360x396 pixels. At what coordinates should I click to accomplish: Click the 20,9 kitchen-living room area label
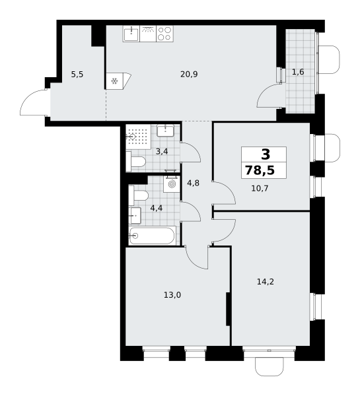click(189, 74)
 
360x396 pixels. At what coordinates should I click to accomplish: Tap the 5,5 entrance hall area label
click(77, 75)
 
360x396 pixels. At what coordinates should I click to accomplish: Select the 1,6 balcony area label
click(298, 72)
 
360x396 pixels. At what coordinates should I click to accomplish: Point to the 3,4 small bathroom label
click(162, 152)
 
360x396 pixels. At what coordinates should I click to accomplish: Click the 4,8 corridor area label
click(193, 183)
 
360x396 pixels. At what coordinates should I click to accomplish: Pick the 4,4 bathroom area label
click(157, 208)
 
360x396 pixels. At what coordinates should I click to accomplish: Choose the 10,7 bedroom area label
click(260, 188)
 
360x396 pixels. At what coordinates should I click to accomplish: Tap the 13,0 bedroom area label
click(172, 295)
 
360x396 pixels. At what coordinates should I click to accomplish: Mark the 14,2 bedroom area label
click(266, 282)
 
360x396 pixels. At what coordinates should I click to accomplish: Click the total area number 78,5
click(260, 170)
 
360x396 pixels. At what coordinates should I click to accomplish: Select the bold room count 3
click(266, 154)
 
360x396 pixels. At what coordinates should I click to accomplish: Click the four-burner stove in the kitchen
click(164, 34)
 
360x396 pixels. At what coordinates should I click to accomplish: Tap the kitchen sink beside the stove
click(131, 34)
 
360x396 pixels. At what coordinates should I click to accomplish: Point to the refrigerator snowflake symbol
click(114, 81)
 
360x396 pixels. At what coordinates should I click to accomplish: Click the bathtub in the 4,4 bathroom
click(153, 236)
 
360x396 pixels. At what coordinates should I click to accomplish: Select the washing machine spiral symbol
click(172, 184)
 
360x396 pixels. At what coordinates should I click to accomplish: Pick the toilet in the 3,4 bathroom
click(136, 162)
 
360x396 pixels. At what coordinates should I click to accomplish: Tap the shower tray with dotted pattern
click(139, 137)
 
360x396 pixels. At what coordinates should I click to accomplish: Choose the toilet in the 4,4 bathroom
click(139, 196)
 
